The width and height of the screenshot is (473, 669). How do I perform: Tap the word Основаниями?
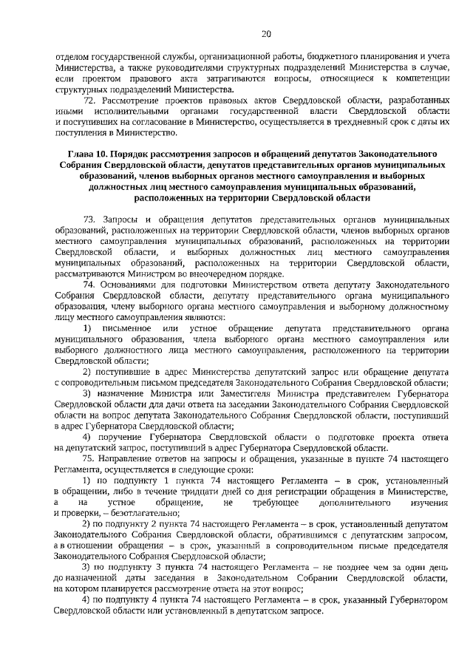[134, 285]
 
